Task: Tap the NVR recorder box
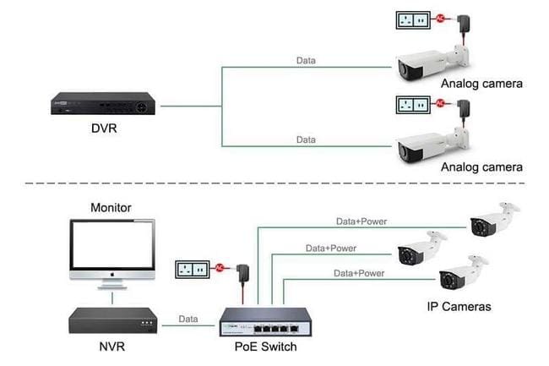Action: point(114,320)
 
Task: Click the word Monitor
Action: point(111,206)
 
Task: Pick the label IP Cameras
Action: point(459,305)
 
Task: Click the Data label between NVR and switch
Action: point(188,319)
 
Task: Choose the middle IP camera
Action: point(421,251)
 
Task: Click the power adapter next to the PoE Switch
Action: point(245,273)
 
